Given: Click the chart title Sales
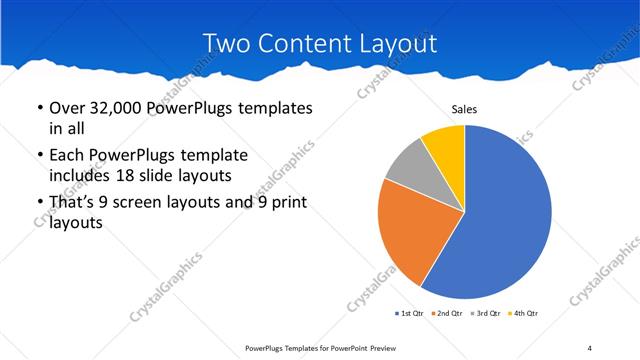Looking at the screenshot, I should pos(465,108).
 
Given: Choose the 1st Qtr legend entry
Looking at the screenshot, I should pos(409,314).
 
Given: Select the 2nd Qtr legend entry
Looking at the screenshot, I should pos(447,314).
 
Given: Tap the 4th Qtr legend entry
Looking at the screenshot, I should pos(524,314).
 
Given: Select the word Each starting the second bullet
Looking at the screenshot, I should pos(68,155).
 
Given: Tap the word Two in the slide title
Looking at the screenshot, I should pos(225,43).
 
